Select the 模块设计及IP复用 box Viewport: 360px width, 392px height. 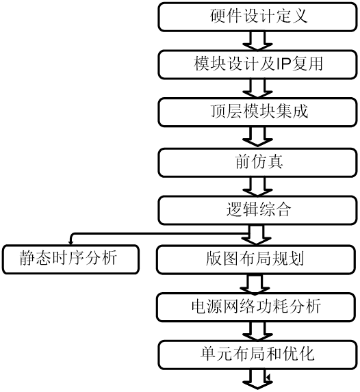pyautogui.click(x=258, y=65)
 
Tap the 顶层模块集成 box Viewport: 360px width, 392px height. pyautogui.click(x=258, y=112)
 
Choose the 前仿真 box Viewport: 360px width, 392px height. pyautogui.click(x=258, y=161)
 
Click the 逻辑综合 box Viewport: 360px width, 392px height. pyautogui.click(x=258, y=209)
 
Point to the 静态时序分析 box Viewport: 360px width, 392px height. pyautogui.click(x=69, y=259)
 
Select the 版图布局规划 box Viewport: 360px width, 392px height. pyautogui.click(x=258, y=259)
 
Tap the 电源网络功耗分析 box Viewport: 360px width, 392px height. pyautogui.click(x=258, y=306)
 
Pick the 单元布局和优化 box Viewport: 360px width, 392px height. pyautogui.click(x=258, y=354)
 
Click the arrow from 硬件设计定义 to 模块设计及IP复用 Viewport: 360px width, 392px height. pyautogui.click(x=258, y=41)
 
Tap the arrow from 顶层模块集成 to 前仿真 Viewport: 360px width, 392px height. pyautogui.click(x=258, y=137)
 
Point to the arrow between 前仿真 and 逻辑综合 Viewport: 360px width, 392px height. pyautogui.click(x=258, y=185)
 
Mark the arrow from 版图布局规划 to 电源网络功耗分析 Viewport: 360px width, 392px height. pyautogui.click(x=258, y=283)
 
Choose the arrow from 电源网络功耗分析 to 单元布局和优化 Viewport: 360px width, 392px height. pyautogui.click(x=258, y=330)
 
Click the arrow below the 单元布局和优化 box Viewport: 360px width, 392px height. pyautogui.click(x=258, y=379)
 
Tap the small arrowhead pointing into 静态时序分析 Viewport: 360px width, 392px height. pyautogui.click(x=71, y=240)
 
